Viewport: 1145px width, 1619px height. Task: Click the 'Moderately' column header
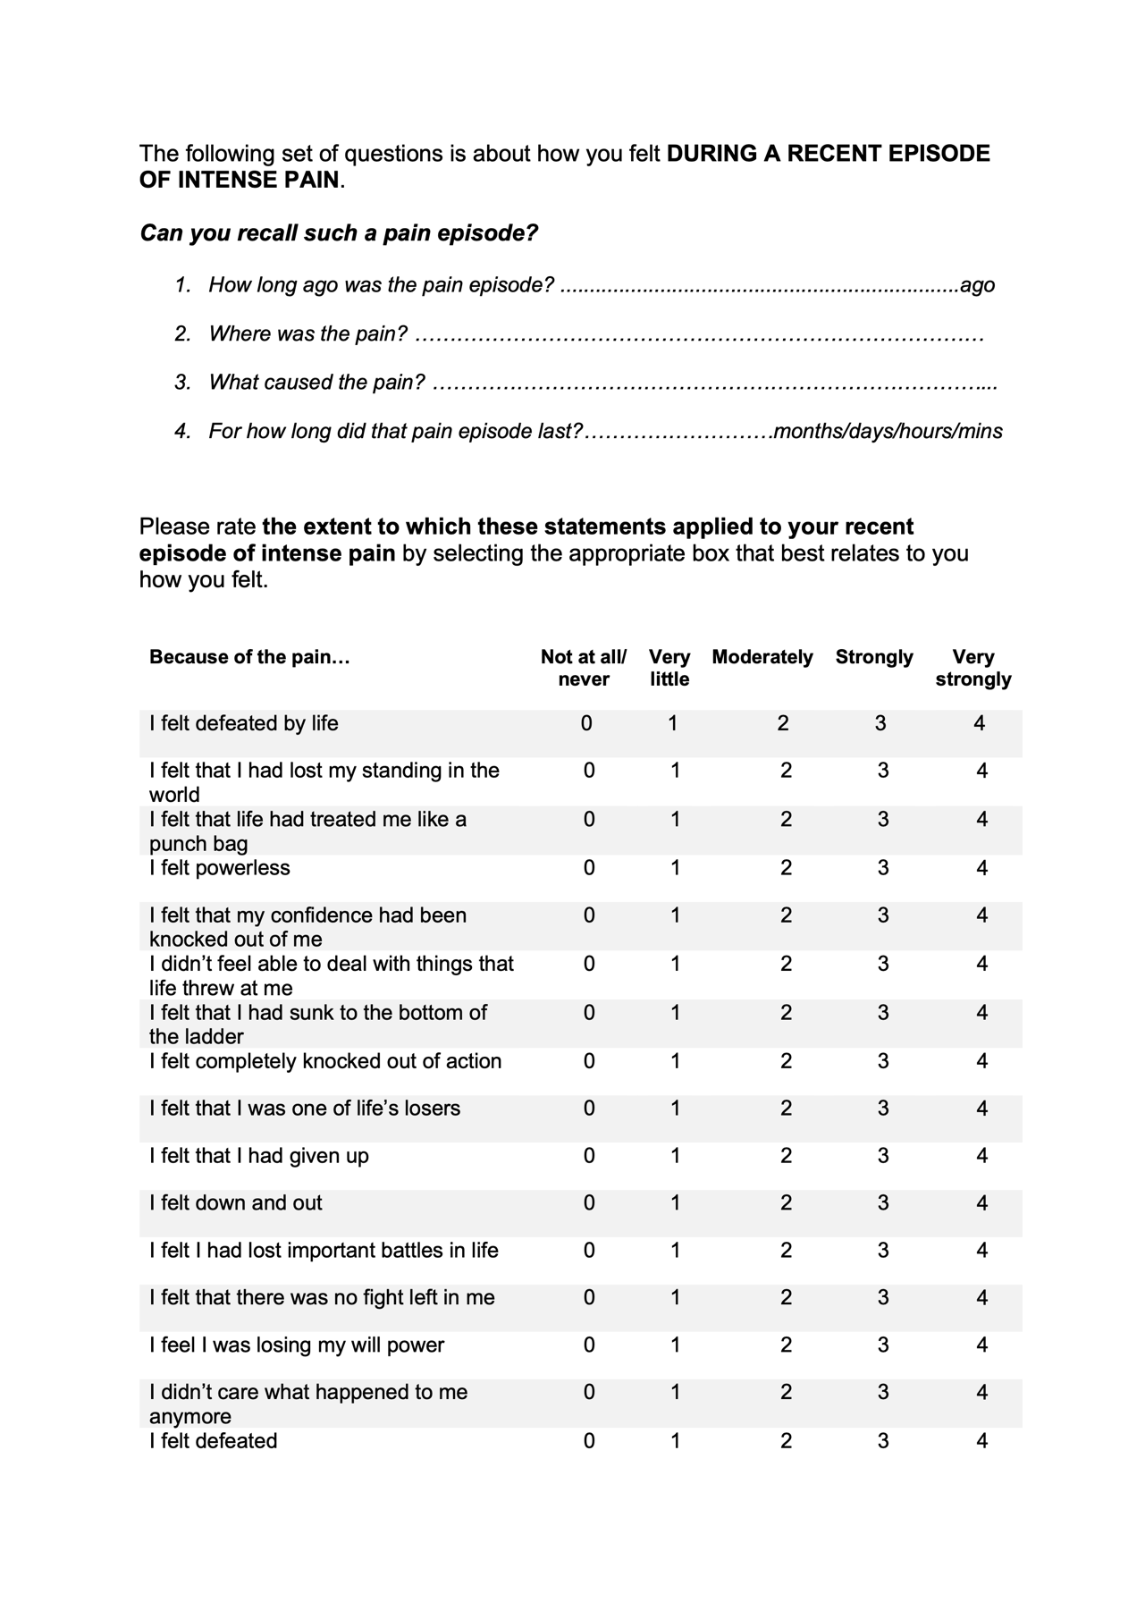[762, 657]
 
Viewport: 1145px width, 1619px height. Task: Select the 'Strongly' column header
[874, 657]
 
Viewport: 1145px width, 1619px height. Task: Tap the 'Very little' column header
[669, 668]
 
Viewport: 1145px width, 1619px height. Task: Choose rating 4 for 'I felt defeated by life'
[980, 723]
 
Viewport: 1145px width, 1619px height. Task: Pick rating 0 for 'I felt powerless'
[589, 868]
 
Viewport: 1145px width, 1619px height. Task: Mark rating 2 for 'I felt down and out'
[786, 1203]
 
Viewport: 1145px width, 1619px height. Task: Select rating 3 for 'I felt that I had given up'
[883, 1156]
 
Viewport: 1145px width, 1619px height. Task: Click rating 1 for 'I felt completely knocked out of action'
[676, 1061]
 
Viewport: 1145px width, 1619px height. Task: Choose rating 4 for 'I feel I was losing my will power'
[982, 1345]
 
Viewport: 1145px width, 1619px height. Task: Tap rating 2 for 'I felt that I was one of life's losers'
[786, 1109]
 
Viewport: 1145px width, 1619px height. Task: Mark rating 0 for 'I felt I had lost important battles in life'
[589, 1251]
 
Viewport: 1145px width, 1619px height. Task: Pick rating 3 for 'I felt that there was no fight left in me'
[883, 1298]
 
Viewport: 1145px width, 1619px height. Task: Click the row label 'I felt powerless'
[220, 868]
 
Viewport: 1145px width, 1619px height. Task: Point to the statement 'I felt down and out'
[236, 1203]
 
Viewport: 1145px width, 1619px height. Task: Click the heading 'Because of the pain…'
[249, 657]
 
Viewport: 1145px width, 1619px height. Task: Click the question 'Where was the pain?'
[307, 334]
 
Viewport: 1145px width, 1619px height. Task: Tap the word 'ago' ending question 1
[977, 285]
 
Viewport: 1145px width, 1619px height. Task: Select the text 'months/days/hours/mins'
[888, 432]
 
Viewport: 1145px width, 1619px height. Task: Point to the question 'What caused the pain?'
[316, 383]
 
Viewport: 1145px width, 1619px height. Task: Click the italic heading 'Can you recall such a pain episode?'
[339, 233]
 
